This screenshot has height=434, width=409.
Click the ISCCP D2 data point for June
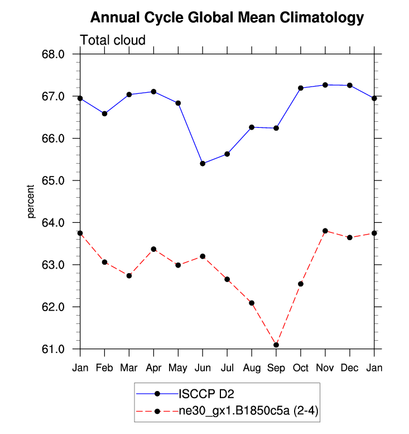(x=203, y=164)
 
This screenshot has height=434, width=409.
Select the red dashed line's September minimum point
(x=276, y=345)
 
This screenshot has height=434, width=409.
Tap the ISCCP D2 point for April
(x=153, y=92)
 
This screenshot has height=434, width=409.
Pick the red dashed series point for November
(x=325, y=231)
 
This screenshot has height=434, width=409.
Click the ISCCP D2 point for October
(x=301, y=88)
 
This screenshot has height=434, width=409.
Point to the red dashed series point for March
(x=129, y=275)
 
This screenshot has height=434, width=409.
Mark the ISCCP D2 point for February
(x=104, y=113)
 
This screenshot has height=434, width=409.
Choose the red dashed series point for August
(x=252, y=303)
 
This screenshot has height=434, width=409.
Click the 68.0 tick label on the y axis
(x=55, y=54)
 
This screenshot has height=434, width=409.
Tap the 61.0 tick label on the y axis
(x=55, y=350)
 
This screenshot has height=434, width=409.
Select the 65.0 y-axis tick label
(x=55, y=181)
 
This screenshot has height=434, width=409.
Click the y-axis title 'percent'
(x=32, y=202)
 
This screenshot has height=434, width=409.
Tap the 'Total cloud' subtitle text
(x=113, y=40)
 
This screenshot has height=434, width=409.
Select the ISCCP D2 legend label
(x=203, y=394)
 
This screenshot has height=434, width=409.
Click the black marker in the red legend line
(x=158, y=412)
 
